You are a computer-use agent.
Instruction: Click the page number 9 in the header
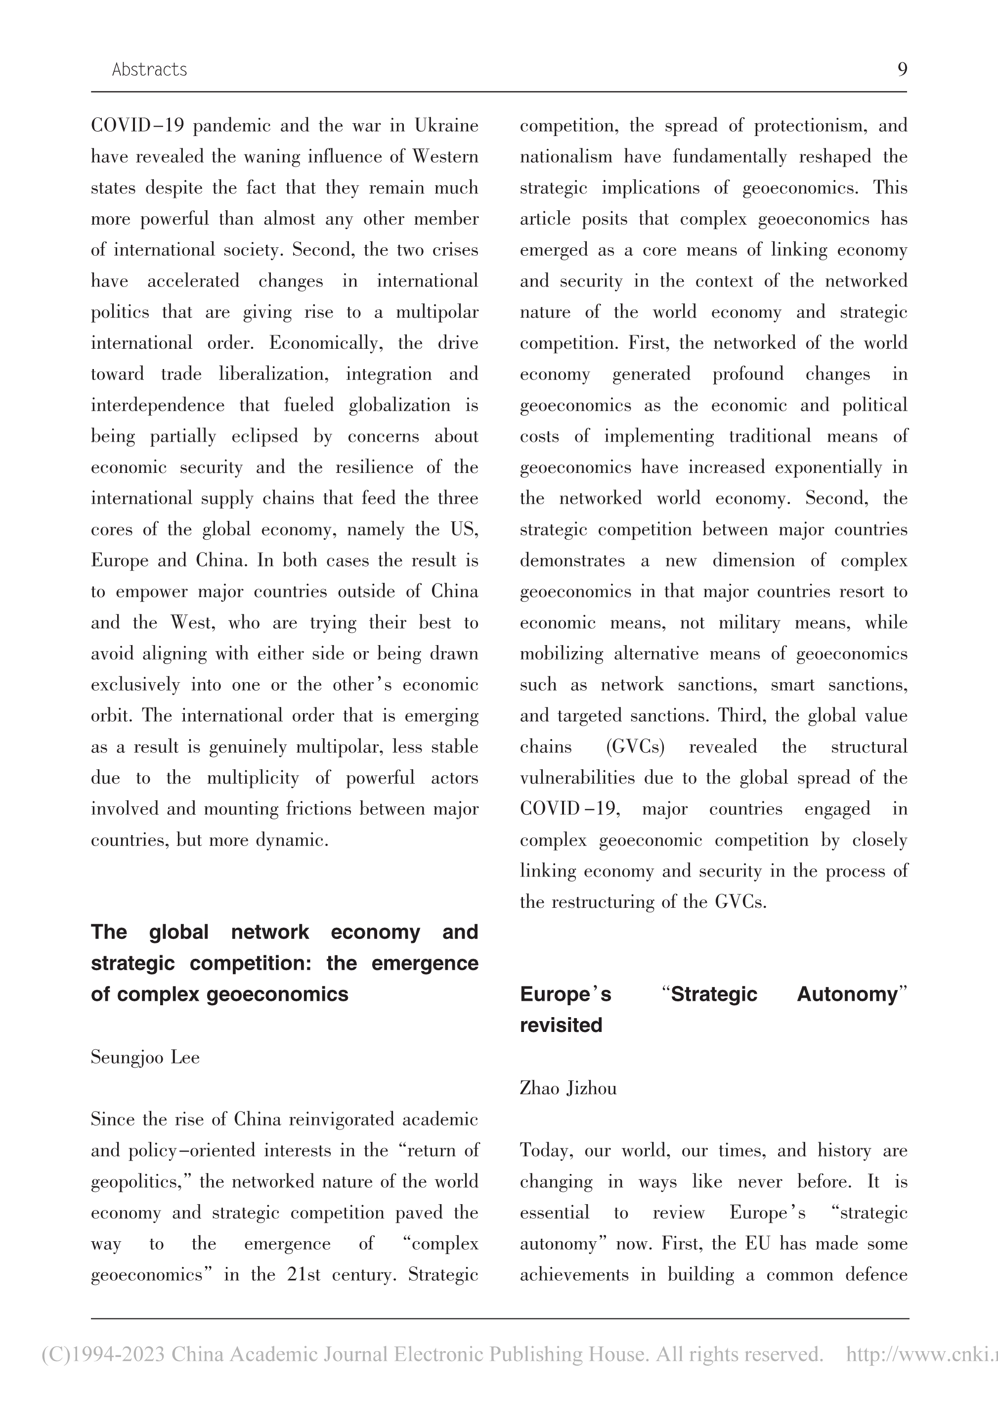click(902, 69)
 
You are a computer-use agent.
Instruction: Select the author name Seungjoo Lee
click(145, 1058)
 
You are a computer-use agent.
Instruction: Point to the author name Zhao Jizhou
click(568, 1088)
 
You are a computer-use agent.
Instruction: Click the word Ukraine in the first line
click(446, 126)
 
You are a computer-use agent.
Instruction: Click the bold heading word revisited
click(561, 1025)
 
